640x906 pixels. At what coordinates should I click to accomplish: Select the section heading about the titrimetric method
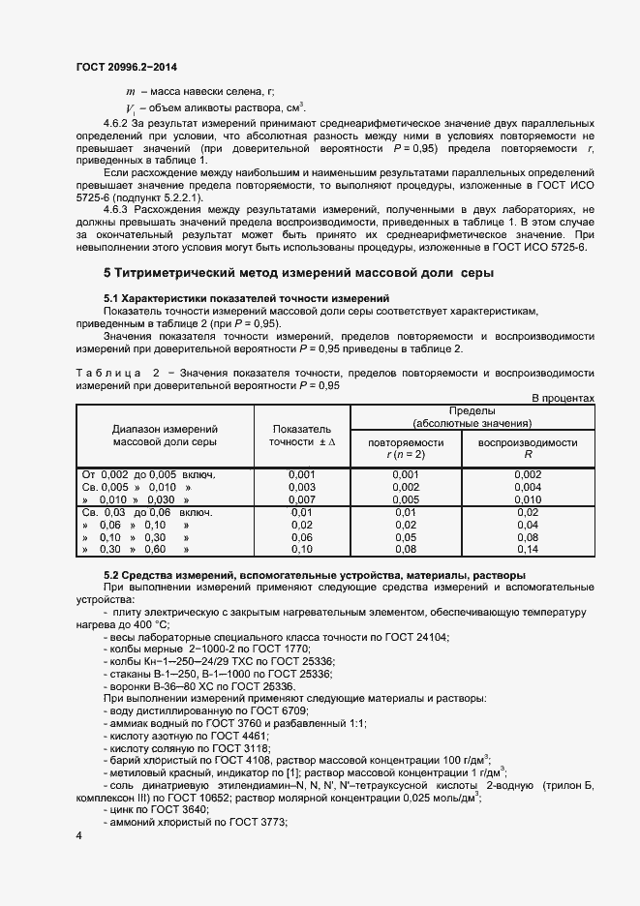click(298, 273)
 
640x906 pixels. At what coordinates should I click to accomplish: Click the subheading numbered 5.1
click(246, 298)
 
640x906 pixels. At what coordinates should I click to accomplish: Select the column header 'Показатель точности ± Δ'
click(302, 435)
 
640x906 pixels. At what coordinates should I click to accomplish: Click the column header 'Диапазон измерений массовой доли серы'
click(164, 435)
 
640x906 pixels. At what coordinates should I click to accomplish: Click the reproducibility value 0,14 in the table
click(528, 549)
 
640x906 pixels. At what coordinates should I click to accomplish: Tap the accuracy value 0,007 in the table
click(302, 499)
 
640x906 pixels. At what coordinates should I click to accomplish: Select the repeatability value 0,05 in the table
click(405, 536)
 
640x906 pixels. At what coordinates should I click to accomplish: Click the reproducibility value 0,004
click(528, 487)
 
